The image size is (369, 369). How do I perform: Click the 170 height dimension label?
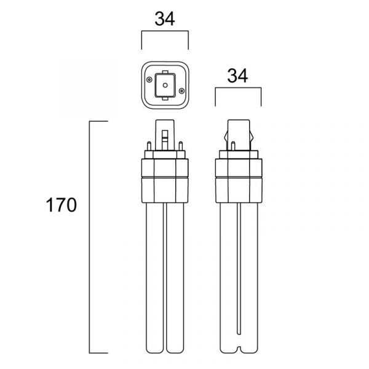pyautogui.click(x=61, y=205)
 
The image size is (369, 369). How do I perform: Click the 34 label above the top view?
pyautogui.click(x=165, y=19)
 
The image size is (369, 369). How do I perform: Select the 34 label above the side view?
pyautogui.click(x=237, y=76)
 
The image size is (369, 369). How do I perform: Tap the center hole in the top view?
pyautogui.click(x=165, y=85)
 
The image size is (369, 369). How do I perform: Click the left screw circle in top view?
pyautogui.click(x=149, y=79)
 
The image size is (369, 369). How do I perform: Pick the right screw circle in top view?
pyautogui.click(x=181, y=90)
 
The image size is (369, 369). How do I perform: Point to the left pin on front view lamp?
pyautogui.click(x=149, y=146)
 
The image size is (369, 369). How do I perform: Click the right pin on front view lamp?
pyautogui.click(x=180, y=146)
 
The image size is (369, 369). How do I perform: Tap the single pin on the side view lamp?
pyautogui.click(x=233, y=146)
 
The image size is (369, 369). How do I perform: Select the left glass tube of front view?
pyautogui.click(x=154, y=278)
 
